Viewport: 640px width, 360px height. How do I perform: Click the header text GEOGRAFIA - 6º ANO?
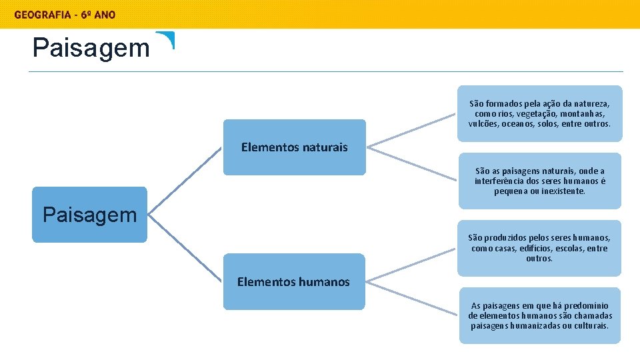(65, 15)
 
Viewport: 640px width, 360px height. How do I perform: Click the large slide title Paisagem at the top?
(91, 48)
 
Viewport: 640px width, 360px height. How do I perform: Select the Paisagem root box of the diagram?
(89, 214)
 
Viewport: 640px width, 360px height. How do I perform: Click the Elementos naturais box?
(294, 147)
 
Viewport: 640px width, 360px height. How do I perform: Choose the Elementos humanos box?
(293, 282)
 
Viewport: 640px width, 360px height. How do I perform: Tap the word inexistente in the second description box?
(562, 191)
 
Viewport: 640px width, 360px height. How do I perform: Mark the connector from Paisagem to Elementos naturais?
(185, 181)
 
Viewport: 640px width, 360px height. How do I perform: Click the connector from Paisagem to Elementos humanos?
(185, 248)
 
